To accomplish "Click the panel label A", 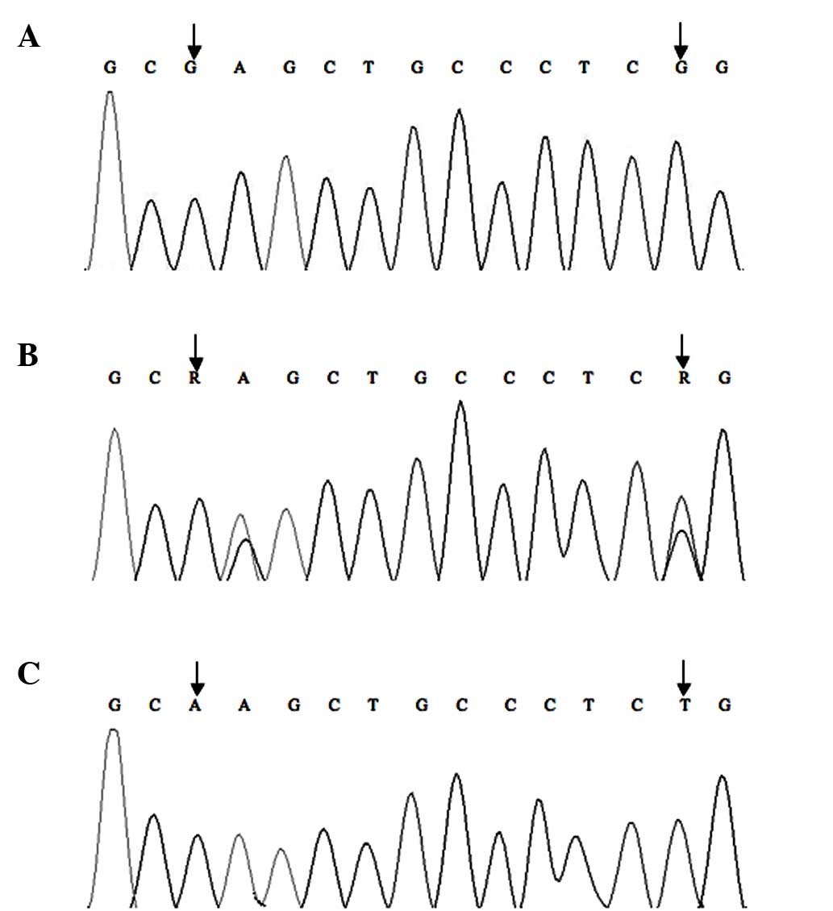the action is point(28,37).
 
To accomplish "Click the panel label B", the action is point(28,356).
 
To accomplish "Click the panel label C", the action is point(28,674).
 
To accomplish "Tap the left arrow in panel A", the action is point(194,39).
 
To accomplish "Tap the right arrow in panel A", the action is point(681,39).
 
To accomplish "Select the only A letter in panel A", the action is point(239,68).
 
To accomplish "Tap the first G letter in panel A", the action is point(110,68).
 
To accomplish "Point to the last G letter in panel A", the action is point(723,68).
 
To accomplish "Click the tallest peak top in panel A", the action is point(110,92).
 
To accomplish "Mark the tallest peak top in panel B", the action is point(460,401).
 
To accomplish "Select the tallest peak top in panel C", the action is point(114,730).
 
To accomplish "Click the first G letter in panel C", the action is point(115,705).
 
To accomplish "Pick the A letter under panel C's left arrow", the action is point(198,705).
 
